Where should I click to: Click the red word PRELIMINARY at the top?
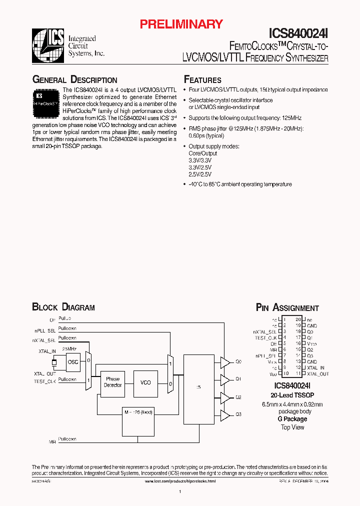click(x=180, y=23)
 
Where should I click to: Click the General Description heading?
click(x=74, y=80)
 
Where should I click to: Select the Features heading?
click(x=202, y=80)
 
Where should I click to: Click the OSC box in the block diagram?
click(x=73, y=362)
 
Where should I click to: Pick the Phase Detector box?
click(x=112, y=382)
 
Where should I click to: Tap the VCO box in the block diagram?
click(x=145, y=382)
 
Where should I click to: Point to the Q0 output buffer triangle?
click(x=225, y=361)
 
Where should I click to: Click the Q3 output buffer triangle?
click(x=225, y=414)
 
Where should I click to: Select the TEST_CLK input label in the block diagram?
click(x=45, y=381)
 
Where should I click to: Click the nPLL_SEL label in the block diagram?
click(x=45, y=330)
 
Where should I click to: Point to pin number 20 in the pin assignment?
click(x=298, y=319)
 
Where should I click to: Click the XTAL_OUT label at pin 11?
click(x=318, y=373)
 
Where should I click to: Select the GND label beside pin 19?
click(x=312, y=325)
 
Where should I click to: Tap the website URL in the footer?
click(x=180, y=481)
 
